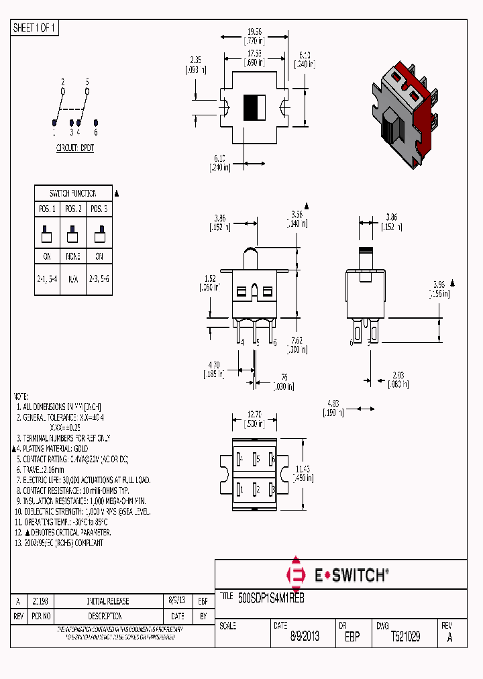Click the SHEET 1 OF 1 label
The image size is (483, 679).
point(35,28)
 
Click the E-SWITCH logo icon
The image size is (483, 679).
point(295,574)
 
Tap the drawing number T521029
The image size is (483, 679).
point(405,637)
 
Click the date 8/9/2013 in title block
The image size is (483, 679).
point(305,637)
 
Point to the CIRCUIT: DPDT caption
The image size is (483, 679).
point(74,148)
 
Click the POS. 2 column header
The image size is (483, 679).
point(73,208)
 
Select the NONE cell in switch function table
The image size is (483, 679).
point(73,256)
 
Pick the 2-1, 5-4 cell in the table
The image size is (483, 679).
point(47,277)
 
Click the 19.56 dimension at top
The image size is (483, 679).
point(254,32)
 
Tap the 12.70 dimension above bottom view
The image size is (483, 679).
point(254,414)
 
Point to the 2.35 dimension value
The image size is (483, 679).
point(195,60)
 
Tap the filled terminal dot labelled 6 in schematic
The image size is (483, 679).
point(96,122)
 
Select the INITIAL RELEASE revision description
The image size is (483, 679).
point(108,601)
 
